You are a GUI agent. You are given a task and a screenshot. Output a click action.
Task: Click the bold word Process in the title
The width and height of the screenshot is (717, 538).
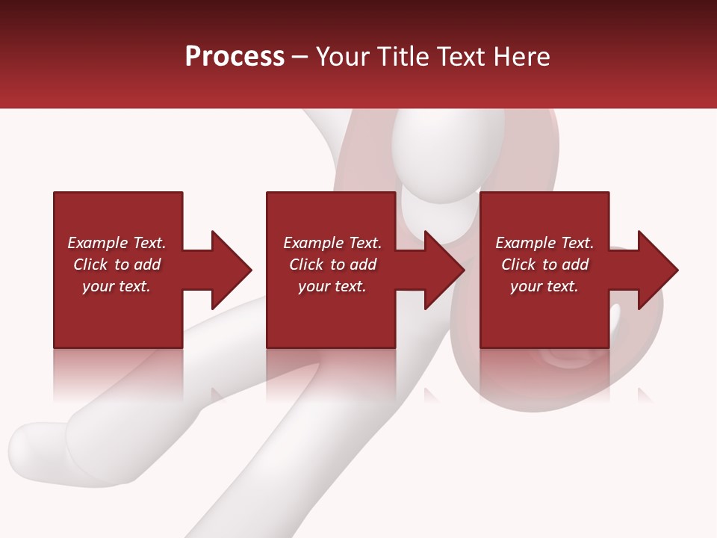235,56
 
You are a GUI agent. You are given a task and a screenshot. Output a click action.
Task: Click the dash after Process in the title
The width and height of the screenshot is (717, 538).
299,58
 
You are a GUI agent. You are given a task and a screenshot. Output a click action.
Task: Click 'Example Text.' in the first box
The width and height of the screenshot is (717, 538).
117,243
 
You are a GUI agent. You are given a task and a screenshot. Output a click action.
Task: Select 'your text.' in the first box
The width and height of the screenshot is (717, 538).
117,286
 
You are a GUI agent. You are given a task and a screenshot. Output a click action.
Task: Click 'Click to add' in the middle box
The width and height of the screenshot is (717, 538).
332,265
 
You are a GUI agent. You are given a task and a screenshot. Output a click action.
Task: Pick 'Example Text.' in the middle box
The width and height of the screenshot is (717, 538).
332,243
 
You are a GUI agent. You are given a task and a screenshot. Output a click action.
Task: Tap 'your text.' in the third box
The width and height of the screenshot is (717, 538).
544,286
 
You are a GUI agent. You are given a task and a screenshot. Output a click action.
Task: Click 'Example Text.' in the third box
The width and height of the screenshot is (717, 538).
544,243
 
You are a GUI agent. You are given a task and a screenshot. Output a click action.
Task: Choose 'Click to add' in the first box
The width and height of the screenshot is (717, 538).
117,265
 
